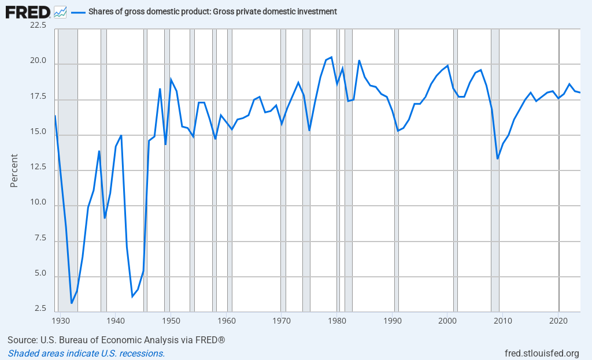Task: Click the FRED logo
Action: click(x=27, y=11)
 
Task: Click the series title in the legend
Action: click(x=213, y=12)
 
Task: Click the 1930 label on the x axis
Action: click(x=60, y=320)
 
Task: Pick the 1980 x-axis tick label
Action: click(x=337, y=320)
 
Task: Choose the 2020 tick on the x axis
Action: click(x=558, y=320)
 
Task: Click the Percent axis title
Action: click(x=14, y=170)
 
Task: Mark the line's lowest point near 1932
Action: click(x=72, y=303)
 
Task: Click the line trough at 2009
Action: click(x=498, y=158)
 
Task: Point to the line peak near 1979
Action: click(x=331, y=57)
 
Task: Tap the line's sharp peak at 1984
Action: click(x=359, y=60)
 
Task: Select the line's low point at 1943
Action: click(x=132, y=296)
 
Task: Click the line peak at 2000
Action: click(x=447, y=65)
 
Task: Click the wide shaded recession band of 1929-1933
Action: click(x=68, y=173)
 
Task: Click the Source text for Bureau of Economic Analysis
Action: click(x=116, y=340)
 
